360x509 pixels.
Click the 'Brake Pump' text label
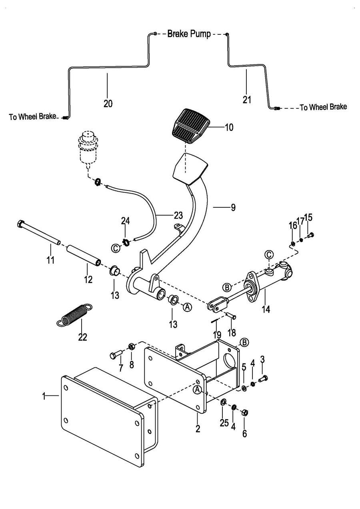click(x=189, y=34)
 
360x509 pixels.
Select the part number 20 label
click(x=108, y=103)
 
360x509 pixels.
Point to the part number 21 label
click(x=247, y=99)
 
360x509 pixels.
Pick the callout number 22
click(x=82, y=337)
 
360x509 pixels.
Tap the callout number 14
click(x=265, y=309)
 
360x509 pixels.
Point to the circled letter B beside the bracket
click(x=244, y=342)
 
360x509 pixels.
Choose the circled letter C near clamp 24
click(x=116, y=248)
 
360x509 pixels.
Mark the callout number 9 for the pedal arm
click(x=233, y=207)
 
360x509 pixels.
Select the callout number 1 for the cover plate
click(x=44, y=396)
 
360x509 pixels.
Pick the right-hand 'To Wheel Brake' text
click(x=323, y=107)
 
